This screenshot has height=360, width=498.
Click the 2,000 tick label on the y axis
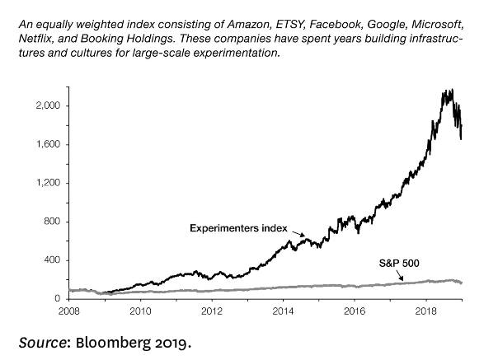(x=48, y=106)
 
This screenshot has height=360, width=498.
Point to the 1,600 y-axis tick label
(x=48, y=145)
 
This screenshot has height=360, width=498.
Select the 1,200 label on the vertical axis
(x=48, y=183)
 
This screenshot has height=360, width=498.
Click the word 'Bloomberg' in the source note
(x=108, y=340)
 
